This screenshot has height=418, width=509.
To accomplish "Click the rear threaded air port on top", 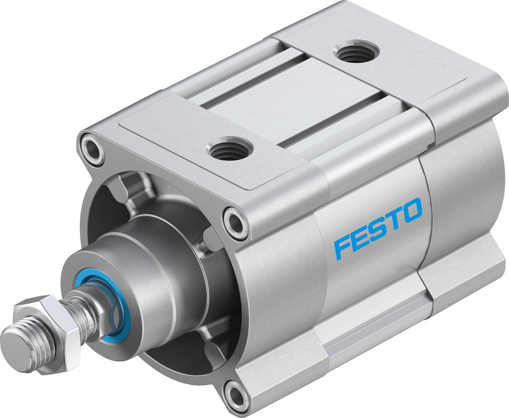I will click(x=354, y=52).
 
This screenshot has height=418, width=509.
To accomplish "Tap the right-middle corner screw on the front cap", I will click(x=236, y=221).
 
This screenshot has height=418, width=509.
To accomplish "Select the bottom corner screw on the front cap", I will click(x=237, y=394).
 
